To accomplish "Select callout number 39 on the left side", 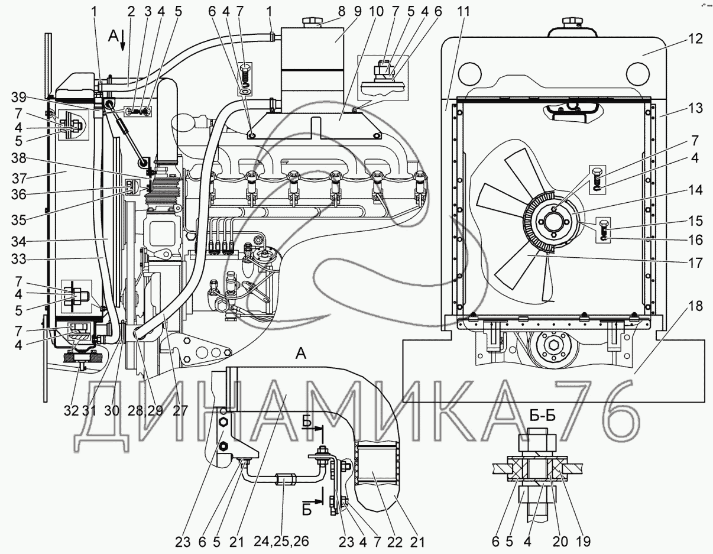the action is click(18, 98).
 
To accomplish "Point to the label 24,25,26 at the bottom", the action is click(282, 542).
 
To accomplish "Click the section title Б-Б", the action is click(542, 416).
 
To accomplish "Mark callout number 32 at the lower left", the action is click(71, 410).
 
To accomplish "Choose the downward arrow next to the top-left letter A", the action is click(123, 40).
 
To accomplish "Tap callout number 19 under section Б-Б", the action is click(582, 542).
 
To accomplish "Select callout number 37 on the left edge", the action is click(18, 179).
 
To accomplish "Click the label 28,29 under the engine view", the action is click(145, 410).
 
